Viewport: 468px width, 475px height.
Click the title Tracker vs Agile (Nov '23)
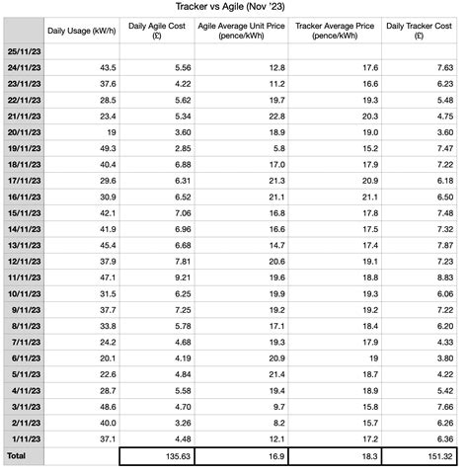[x=234, y=7]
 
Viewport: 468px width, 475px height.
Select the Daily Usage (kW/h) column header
[x=79, y=29]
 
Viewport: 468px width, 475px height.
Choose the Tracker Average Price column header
[x=335, y=29]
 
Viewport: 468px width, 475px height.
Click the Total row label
[x=17, y=455]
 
